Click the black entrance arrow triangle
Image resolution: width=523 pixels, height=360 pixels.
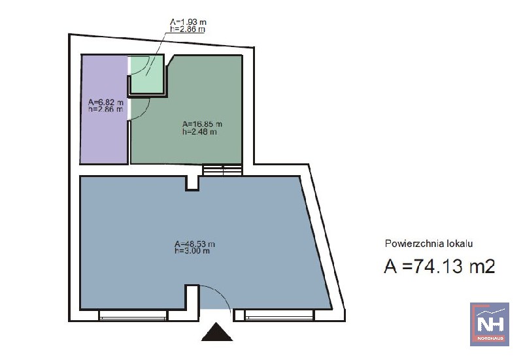(217, 333)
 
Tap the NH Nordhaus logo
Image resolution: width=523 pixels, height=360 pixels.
(489, 324)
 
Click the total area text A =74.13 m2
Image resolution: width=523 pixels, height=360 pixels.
(439, 267)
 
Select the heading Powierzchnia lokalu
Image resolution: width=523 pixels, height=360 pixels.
(429, 243)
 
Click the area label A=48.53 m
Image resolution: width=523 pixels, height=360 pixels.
(195, 244)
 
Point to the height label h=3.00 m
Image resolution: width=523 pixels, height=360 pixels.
(192, 251)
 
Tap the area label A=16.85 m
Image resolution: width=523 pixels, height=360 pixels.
(202, 124)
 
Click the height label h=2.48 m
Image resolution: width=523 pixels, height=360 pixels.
(199, 132)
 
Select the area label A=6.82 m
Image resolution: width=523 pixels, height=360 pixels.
(106, 102)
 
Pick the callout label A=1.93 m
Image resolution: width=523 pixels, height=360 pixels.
(188, 22)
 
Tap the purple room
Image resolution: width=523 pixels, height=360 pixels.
(104, 109)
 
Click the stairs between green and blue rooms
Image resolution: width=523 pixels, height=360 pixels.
(223, 170)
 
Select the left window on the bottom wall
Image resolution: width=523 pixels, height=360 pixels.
(133, 316)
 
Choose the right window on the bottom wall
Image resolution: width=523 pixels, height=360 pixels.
(279, 316)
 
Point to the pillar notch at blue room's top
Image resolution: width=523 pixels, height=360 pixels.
(192, 184)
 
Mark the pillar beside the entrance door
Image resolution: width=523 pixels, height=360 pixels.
(192, 297)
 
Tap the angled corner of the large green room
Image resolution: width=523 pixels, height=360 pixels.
(170, 60)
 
